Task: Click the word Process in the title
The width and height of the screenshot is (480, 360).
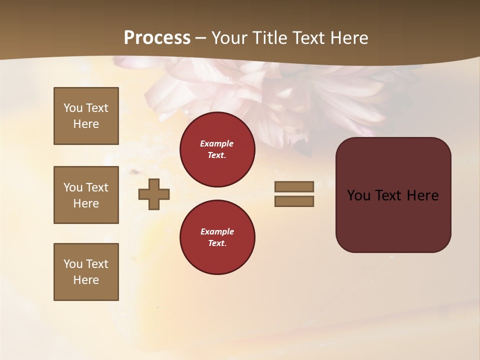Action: pos(157,38)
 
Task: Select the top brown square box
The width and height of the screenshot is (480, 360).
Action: pos(86,116)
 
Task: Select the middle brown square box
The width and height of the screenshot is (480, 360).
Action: pos(86,195)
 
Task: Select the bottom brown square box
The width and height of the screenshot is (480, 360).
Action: pos(86,272)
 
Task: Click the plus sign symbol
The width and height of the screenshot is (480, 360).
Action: pos(153,194)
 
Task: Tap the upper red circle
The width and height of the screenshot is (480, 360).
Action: pos(217,149)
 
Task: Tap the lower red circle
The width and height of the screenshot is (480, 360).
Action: pos(217,237)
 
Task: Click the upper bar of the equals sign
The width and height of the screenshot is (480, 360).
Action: pos(294,186)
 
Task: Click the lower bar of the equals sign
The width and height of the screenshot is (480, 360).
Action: pos(294,201)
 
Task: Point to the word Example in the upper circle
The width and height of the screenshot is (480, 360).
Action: pos(217,143)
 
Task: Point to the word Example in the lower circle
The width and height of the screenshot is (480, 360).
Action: pos(217,231)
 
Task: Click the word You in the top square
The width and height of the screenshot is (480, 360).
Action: pos(73,108)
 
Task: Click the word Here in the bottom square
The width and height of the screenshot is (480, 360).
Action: pos(86,280)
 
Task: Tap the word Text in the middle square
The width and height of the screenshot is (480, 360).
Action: pos(96,187)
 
